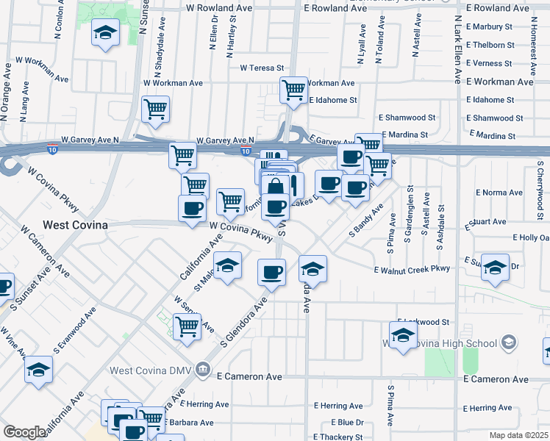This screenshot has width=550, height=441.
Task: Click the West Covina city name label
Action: click(76, 225)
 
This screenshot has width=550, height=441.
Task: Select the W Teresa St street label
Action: click(261, 68)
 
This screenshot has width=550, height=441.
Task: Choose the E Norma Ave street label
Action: click(499, 193)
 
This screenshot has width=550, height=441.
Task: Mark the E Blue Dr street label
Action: click(347, 422)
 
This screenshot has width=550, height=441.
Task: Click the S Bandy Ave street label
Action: click(367, 220)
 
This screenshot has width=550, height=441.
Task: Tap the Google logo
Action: click(25, 432)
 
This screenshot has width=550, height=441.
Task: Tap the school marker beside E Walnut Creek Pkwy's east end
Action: click(495, 268)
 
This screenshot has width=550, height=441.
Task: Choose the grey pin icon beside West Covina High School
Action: click(508, 342)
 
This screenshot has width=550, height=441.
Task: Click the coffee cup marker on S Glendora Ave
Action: click(271, 273)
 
